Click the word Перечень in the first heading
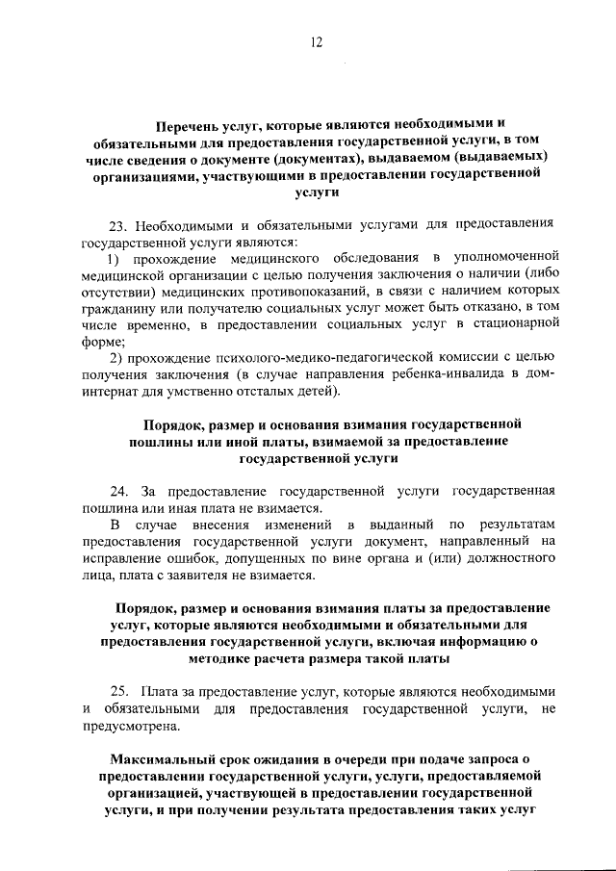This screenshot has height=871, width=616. click(x=189, y=123)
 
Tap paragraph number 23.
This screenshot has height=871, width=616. click(x=118, y=224)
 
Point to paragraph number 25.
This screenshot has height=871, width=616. click(x=119, y=691)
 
